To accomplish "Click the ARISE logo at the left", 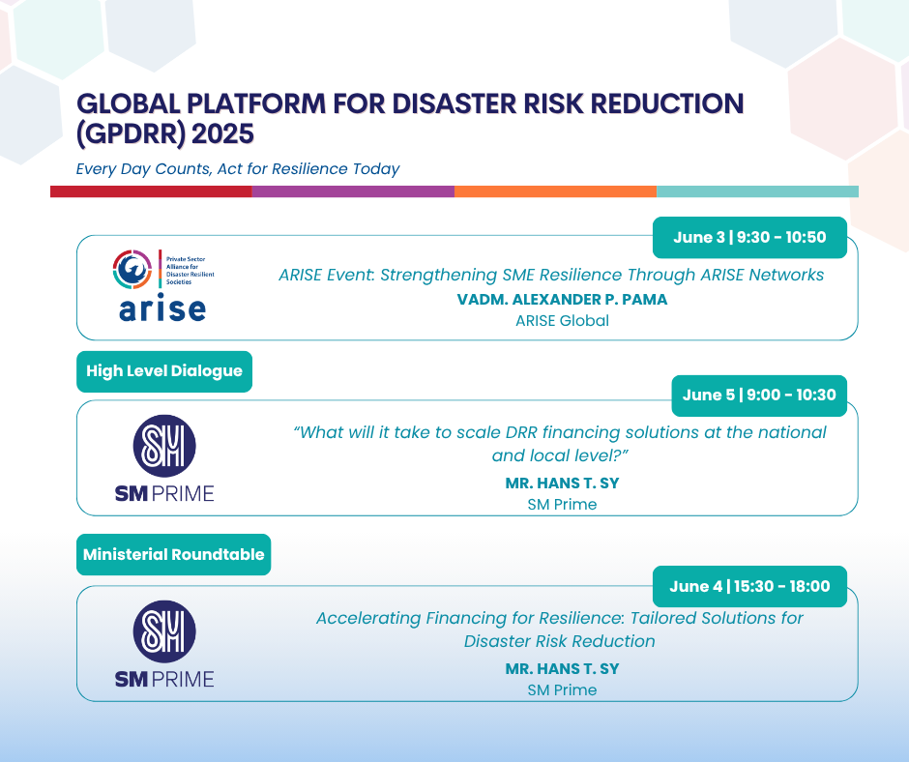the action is pyautogui.click(x=163, y=285).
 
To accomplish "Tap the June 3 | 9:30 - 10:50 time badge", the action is pyautogui.click(x=749, y=237).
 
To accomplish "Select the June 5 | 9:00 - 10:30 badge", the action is pyautogui.click(x=759, y=396).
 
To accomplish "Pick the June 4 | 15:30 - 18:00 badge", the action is pyautogui.click(x=749, y=586).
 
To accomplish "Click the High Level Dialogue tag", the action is pyautogui.click(x=164, y=371).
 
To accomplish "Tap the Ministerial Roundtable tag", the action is pyautogui.click(x=173, y=554).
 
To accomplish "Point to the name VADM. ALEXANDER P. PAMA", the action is pyautogui.click(x=562, y=299).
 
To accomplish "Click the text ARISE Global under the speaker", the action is pyautogui.click(x=562, y=321).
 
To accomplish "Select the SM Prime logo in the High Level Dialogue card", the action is pyautogui.click(x=164, y=458).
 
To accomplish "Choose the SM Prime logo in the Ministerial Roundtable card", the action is pyautogui.click(x=164, y=644).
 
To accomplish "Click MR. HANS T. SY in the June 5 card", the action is pyautogui.click(x=562, y=484).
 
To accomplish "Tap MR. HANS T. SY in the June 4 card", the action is pyautogui.click(x=562, y=668).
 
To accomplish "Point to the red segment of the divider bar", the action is pyautogui.click(x=151, y=191).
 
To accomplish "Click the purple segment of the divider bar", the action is pyautogui.click(x=353, y=191).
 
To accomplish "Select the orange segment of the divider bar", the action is pyautogui.click(x=555, y=191).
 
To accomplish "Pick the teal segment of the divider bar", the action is pyautogui.click(x=758, y=191).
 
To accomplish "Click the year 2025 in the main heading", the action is pyautogui.click(x=222, y=134).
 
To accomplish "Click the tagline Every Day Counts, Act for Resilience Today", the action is pyautogui.click(x=238, y=169).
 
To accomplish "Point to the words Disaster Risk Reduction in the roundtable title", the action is pyautogui.click(x=560, y=641).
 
